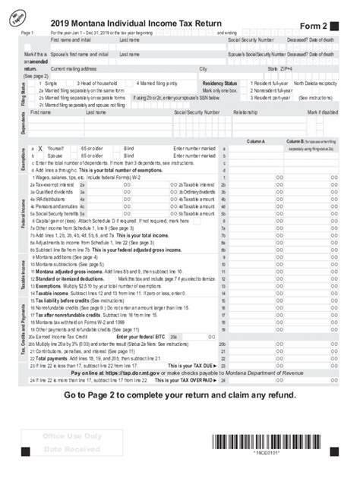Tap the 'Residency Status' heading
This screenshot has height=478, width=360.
(x=221, y=83)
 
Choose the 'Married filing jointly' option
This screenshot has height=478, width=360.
(x=158, y=83)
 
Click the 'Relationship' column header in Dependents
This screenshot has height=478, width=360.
(x=245, y=112)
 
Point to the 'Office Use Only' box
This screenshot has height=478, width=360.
(x=73, y=437)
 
